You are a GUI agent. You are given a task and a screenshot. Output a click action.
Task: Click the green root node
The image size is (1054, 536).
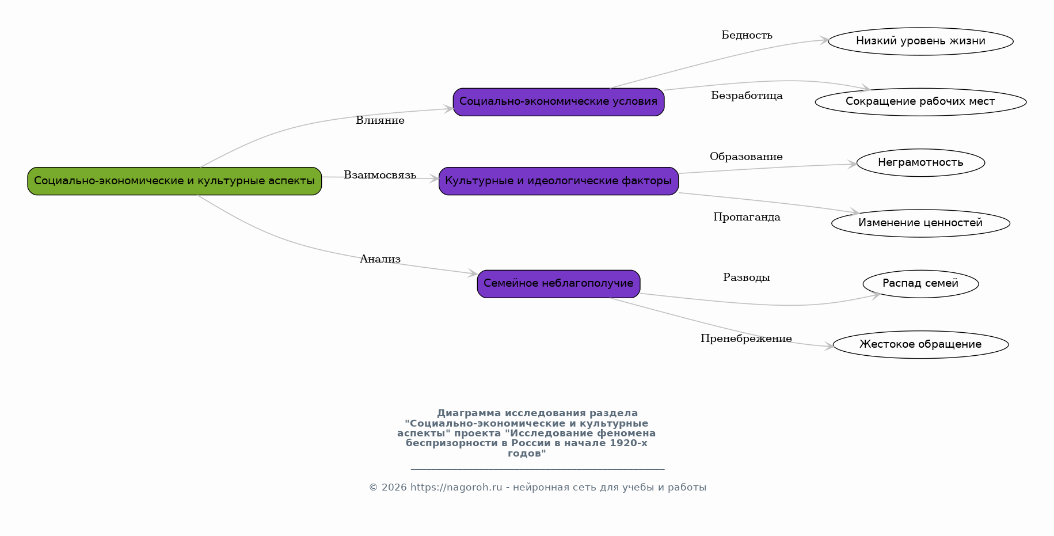tap(174, 181)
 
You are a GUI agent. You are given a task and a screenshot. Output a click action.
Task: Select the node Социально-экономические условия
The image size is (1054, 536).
tap(558, 102)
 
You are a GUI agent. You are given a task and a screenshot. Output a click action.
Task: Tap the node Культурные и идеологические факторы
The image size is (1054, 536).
tap(558, 181)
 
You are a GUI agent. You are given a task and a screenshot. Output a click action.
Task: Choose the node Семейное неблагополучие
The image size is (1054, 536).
tap(558, 283)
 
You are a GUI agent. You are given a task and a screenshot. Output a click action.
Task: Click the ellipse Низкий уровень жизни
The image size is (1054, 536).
tap(920, 41)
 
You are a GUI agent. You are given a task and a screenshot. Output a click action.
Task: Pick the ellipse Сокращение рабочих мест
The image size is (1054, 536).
tap(920, 102)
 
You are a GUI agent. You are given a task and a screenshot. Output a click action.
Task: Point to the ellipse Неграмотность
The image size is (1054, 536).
tap(920, 162)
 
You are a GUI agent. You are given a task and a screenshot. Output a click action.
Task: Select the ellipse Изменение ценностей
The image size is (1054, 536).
tap(920, 223)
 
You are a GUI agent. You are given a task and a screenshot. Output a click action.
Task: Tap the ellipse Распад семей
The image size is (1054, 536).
tap(920, 283)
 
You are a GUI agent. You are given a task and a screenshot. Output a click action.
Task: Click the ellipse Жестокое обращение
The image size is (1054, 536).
tap(920, 344)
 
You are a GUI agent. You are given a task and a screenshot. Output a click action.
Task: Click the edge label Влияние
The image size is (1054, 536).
tap(380, 120)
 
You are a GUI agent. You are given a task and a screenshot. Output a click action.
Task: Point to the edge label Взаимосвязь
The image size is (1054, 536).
tap(380, 175)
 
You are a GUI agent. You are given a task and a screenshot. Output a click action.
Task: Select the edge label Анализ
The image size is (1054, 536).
tap(380, 259)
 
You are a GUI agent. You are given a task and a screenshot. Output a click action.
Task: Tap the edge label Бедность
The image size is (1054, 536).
tap(747, 35)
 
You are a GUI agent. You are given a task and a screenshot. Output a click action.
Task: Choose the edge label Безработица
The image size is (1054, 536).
tap(747, 96)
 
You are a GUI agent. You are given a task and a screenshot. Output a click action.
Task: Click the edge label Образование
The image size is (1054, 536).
tap(746, 157)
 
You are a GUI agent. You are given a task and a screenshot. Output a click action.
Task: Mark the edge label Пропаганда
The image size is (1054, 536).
tap(747, 217)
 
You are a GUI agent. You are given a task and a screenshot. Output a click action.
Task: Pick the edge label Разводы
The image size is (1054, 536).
tap(747, 277)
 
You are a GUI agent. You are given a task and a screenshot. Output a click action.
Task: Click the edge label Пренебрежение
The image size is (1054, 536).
tap(746, 339)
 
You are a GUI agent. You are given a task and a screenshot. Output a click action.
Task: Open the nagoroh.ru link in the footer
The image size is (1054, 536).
tap(456, 487)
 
